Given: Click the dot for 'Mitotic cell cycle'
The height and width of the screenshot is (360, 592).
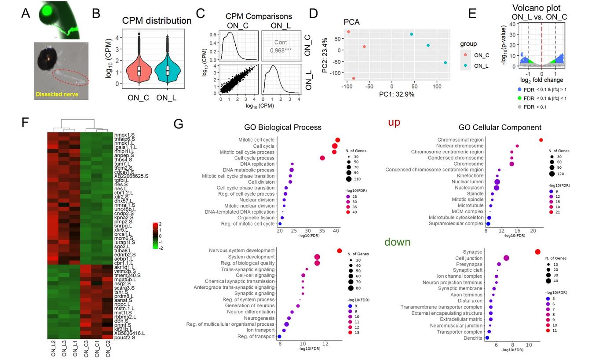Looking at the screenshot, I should (x=337, y=140).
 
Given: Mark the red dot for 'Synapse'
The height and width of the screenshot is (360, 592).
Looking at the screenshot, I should (x=537, y=251).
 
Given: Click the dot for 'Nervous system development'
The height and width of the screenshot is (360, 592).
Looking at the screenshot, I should (x=339, y=251).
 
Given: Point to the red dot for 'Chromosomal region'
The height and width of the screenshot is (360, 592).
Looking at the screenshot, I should (x=541, y=140).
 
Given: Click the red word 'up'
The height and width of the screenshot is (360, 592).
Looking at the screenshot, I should (x=394, y=122).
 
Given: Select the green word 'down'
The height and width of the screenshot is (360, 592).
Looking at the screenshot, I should (x=397, y=242).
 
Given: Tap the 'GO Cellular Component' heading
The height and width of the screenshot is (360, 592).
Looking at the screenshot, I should (x=500, y=127).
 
